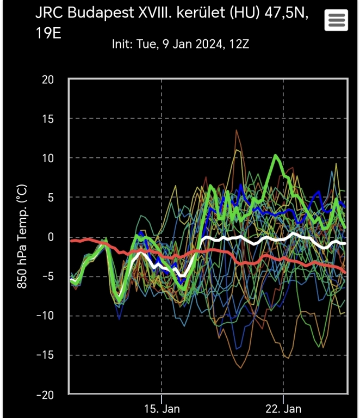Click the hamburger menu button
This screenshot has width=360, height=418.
point(336,20)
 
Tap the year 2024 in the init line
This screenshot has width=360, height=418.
point(207,44)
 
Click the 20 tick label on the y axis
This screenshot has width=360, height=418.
point(48,79)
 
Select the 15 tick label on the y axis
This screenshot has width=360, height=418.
point(48,119)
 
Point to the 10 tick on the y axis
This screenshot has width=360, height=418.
point(48,158)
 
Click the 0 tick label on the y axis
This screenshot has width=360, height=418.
point(51,237)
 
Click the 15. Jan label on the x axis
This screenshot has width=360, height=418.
point(162,408)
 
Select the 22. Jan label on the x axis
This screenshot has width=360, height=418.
point(284,408)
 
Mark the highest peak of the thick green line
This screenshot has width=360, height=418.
point(276,156)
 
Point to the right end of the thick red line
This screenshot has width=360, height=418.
point(345,272)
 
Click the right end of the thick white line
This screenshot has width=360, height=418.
point(345,243)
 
